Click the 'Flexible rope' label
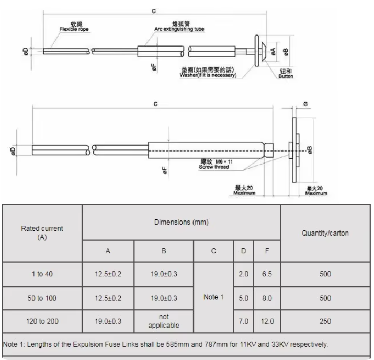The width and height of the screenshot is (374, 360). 73,31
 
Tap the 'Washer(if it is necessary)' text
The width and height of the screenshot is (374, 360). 208,75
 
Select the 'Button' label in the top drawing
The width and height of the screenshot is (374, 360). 286,77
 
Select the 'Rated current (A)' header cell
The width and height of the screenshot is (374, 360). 42,233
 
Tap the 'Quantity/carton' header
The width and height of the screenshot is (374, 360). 325,233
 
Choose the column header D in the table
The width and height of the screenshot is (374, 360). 243,251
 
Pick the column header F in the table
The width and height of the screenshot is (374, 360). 267,251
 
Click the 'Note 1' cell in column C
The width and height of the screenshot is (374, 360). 213,297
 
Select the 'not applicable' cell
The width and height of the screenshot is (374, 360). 164,321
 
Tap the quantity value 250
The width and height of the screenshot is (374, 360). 325,321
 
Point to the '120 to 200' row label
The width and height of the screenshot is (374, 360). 42,321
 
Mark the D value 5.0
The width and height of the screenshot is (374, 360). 243,298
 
